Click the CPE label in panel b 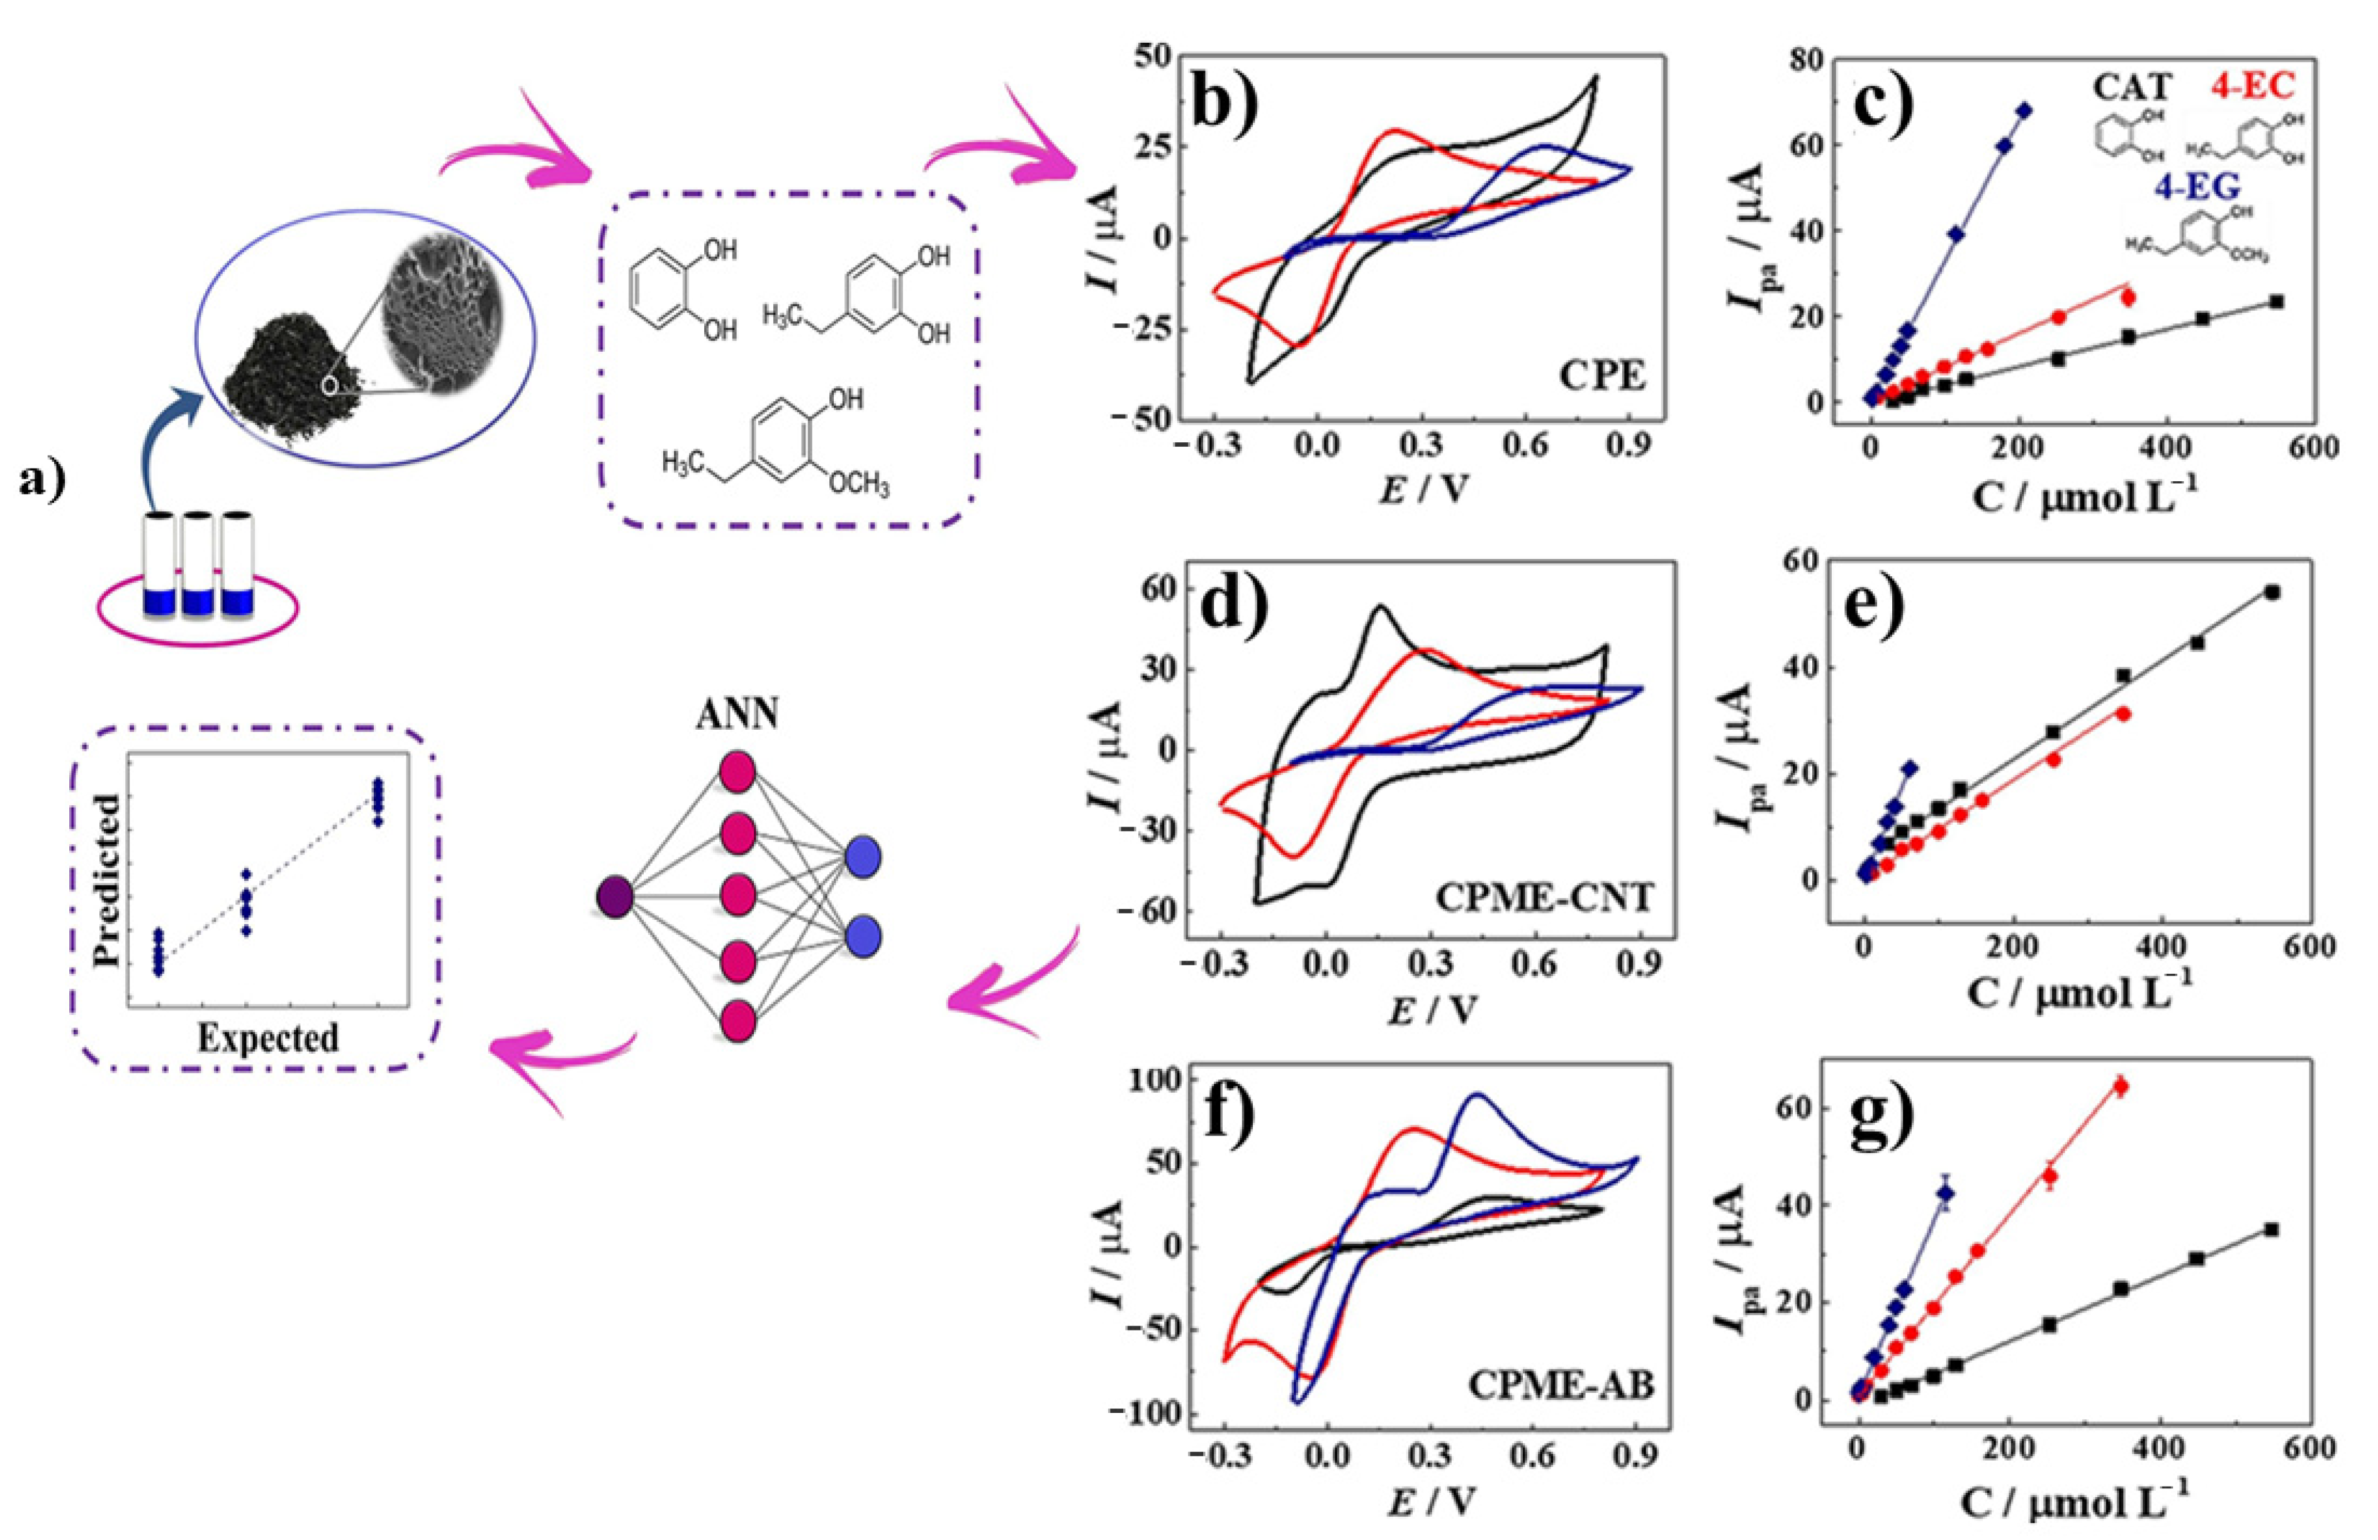click(x=1601, y=377)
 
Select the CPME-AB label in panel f click(x=1561, y=1385)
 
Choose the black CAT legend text click(x=2132, y=88)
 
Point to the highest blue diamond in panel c click(x=2023, y=110)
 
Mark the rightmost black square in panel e click(x=2272, y=592)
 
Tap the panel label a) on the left click(x=42, y=481)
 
